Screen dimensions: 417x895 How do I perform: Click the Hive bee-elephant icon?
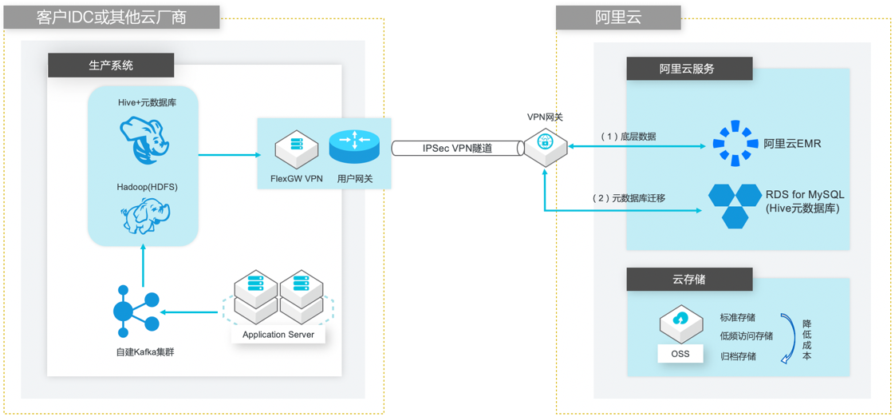click(x=144, y=139)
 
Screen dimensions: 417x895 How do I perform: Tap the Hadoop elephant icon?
click(x=144, y=216)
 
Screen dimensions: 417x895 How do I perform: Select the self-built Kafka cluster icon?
click(x=136, y=312)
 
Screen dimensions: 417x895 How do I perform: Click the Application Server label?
click(x=278, y=335)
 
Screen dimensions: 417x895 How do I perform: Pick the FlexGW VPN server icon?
click(x=296, y=148)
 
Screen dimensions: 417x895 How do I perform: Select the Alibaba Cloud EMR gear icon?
click(x=733, y=144)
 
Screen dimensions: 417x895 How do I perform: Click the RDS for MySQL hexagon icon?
click(x=734, y=205)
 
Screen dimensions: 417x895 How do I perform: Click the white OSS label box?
click(x=680, y=353)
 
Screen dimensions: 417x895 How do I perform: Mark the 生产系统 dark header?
click(x=111, y=66)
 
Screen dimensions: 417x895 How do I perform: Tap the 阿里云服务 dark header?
click(x=688, y=69)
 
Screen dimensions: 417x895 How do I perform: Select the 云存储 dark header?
click(x=688, y=280)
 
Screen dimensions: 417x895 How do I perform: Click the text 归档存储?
click(x=738, y=356)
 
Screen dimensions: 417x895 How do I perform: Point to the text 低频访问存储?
click(x=746, y=336)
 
